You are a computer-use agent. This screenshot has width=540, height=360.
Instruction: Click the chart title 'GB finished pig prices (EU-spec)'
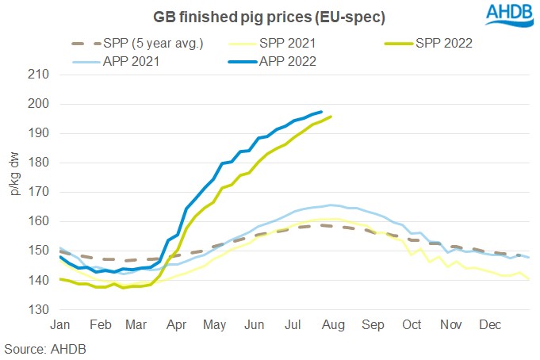coord(258,17)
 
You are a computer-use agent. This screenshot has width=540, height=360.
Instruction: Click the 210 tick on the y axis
coord(39,75)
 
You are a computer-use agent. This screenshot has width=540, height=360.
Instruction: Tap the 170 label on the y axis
coord(39,192)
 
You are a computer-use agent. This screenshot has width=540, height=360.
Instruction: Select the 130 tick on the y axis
coord(39,309)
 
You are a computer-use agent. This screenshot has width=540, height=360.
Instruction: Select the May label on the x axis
coord(215,325)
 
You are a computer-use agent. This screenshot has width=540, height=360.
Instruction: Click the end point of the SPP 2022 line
coord(331,117)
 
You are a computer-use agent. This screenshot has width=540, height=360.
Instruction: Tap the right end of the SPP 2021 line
coord(528,279)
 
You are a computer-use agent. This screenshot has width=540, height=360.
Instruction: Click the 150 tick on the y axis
coord(39,251)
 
